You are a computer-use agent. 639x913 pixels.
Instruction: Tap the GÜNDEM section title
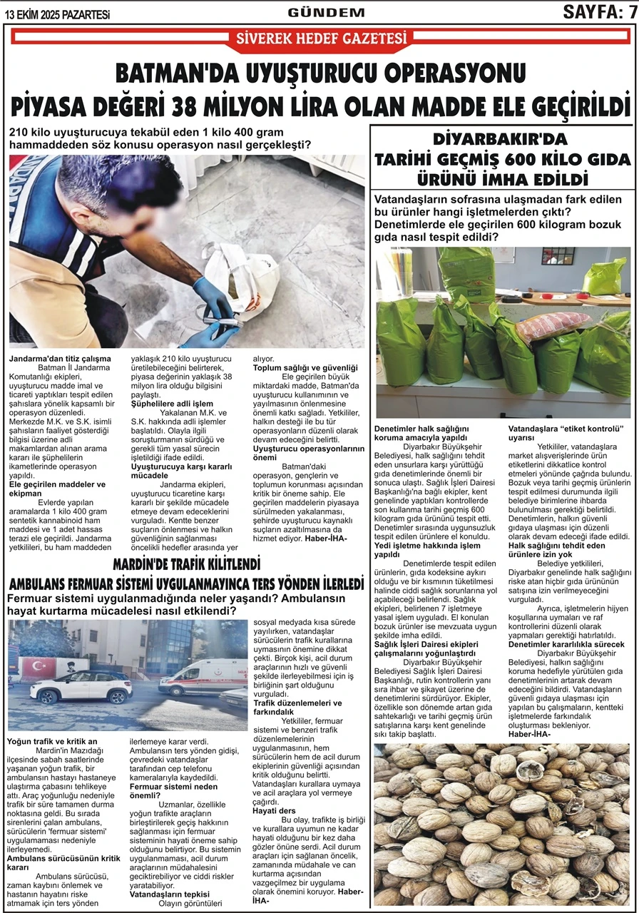pyautogui.click(x=326, y=12)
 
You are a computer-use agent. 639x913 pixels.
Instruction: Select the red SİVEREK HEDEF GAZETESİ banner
pyautogui.click(x=321, y=39)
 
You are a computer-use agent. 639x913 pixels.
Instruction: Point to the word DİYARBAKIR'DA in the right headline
pyautogui.click(x=500, y=139)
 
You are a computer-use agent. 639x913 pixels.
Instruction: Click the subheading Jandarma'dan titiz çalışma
pyautogui.click(x=60, y=357)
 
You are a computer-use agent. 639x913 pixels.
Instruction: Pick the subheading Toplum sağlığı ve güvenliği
pyautogui.click(x=305, y=367)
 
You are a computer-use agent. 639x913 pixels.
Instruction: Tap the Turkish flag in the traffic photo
pyautogui.click(x=34, y=668)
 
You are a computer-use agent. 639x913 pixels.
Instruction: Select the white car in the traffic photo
pyautogui.click(x=81, y=686)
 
